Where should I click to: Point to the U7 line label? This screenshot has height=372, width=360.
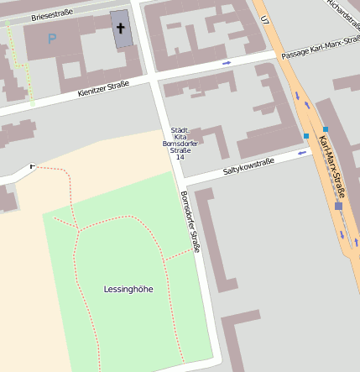click(x=265, y=18)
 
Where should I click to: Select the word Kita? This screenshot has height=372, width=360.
click(x=179, y=137)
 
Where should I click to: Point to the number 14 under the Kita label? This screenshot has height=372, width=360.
click(x=179, y=157)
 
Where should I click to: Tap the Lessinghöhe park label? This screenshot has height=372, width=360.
click(x=128, y=289)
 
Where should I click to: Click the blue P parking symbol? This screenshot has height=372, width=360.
click(x=51, y=38)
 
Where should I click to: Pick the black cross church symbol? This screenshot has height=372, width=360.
click(x=120, y=29)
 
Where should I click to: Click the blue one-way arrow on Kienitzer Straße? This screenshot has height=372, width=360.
click(x=227, y=63)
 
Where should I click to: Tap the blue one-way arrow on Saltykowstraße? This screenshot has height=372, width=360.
click(x=300, y=154)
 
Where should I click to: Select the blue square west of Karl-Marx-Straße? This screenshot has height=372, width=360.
click(x=306, y=135)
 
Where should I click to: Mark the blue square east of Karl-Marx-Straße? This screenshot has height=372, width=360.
click(x=326, y=129)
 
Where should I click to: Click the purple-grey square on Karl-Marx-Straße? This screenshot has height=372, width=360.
click(x=338, y=206)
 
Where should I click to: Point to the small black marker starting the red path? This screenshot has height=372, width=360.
click(x=34, y=166)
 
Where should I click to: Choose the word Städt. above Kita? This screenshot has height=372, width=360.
click(x=179, y=130)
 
